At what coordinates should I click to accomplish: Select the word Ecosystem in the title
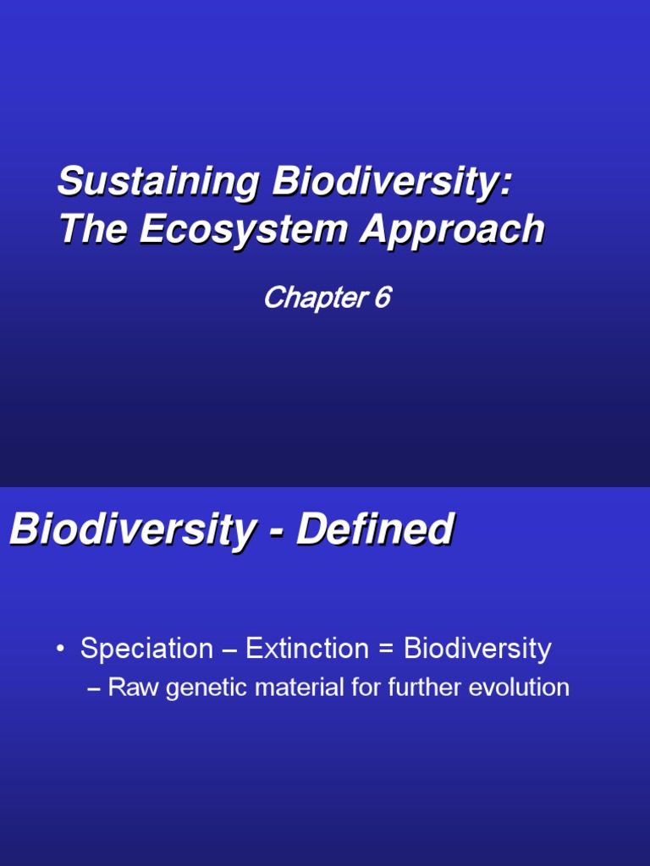pyautogui.click(x=245, y=230)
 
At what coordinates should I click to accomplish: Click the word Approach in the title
pyautogui.click(x=453, y=230)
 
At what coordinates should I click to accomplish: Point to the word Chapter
pyautogui.click(x=312, y=298)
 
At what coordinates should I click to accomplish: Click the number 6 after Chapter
pyautogui.click(x=381, y=298)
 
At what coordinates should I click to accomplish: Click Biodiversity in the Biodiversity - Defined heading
pyautogui.click(x=131, y=530)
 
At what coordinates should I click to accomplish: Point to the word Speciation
pyautogui.click(x=146, y=649)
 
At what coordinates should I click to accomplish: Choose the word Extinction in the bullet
pyautogui.click(x=307, y=649)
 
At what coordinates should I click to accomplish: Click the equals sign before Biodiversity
pyautogui.click(x=387, y=649)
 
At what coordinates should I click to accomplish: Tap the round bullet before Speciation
pyautogui.click(x=61, y=649)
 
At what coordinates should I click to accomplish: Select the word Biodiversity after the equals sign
pyautogui.click(x=477, y=649)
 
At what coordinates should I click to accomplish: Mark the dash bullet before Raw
pyautogui.click(x=94, y=688)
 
